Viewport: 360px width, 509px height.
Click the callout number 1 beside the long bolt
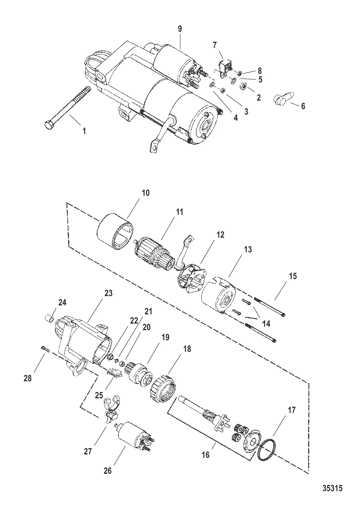click(84, 131)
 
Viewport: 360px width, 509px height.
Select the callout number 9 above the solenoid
click(180, 29)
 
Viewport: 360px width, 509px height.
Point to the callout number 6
click(303, 106)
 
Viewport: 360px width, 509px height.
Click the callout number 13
click(248, 250)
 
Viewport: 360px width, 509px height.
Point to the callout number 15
click(293, 276)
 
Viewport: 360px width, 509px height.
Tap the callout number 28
click(27, 378)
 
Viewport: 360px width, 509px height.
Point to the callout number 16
click(206, 454)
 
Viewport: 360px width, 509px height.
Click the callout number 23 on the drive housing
click(108, 293)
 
